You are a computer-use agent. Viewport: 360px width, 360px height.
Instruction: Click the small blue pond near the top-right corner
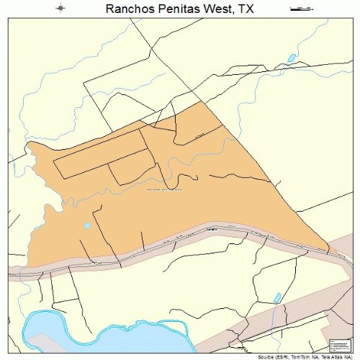[x=292, y=58]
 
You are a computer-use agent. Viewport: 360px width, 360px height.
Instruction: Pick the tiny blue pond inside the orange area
[x=87, y=225]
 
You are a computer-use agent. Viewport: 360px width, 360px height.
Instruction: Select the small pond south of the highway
[x=276, y=297]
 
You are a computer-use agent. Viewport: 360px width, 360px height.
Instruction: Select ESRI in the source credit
[x=283, y=356]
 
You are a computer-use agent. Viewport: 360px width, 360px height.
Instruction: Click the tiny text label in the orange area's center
[x=164, y=190]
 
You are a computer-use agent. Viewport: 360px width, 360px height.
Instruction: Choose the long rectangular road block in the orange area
[x=101, y=154]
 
